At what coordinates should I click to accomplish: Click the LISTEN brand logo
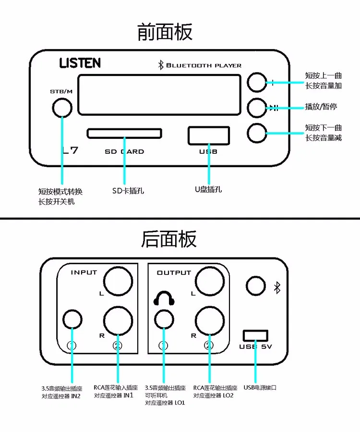[x=80, y=63]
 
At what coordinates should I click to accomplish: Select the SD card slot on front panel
[x=124, y=133]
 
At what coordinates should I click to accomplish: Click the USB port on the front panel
[x=209, y=135]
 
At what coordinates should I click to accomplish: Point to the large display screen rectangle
[x=159, y=95]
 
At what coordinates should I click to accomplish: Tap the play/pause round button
[x=257, y=108]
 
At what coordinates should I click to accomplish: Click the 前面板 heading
[x=165, y=32]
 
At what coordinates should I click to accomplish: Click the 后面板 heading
[x=168, y=239]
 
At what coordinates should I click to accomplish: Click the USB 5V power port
[x=255, y=335]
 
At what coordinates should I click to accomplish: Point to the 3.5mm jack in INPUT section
[x=72, y=319]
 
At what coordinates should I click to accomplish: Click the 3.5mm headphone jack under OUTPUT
[x=164, y=319]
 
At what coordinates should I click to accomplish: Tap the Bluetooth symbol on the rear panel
[x=276, y=287]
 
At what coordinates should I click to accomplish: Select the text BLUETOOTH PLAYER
[x=204, y=65]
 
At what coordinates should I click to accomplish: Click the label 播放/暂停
[x=321, y=107]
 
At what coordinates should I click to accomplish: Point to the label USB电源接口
[x=260, y=387]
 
